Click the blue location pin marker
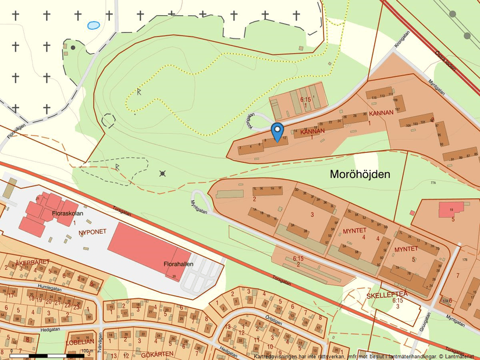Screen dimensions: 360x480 [x=278, y=131]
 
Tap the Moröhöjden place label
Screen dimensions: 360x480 [x=360, y=174]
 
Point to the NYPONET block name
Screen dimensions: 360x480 [x=93, y=232]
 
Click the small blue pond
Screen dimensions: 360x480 [x=93, y=26]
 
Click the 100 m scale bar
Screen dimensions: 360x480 [x=49, y=354]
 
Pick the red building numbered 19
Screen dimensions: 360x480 [x=451, y=209]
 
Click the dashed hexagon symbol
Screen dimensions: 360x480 [x=109, y=121]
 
